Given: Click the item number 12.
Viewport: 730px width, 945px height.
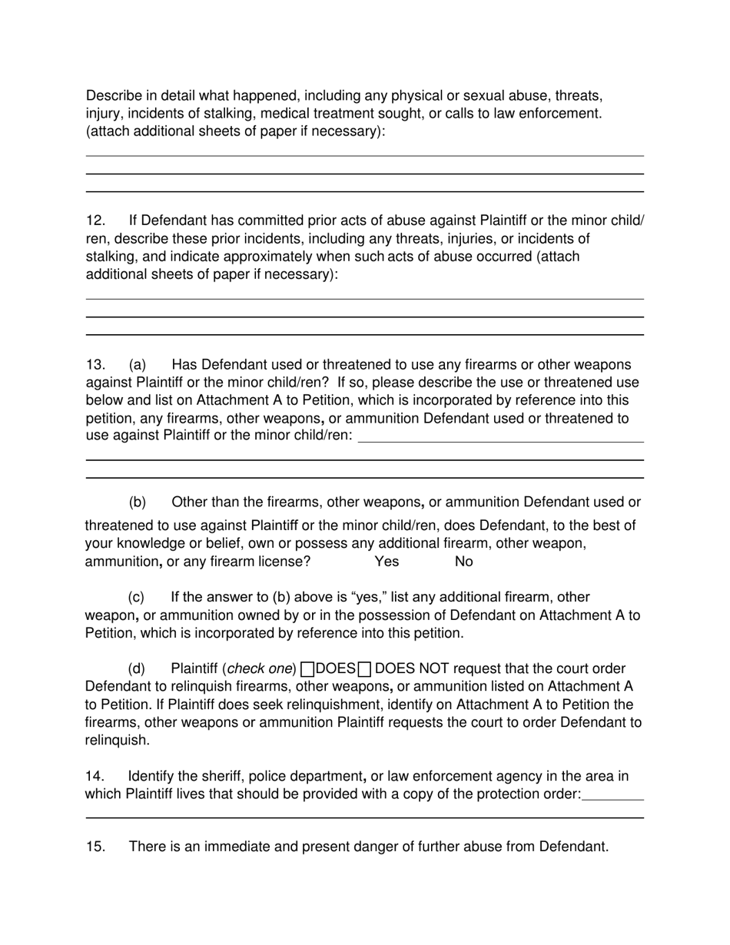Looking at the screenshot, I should [95, 221].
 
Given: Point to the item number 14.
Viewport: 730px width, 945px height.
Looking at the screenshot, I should [95, 777].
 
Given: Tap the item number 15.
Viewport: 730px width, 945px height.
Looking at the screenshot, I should [95, 847].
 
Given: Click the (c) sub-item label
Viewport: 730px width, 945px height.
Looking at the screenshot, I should [137, 597].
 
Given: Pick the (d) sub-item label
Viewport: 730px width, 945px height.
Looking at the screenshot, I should [137, 669].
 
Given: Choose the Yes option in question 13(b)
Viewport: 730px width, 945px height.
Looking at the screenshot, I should [387, 562].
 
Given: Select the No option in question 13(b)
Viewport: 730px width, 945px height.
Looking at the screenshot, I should [464, 562].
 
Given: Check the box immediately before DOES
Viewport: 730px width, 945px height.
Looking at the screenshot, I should [307, 669].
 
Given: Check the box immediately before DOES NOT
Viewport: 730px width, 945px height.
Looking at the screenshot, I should [365, 669].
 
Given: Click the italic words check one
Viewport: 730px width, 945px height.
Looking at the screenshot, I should [260, 669].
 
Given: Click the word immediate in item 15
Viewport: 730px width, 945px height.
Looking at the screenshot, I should [210, 847].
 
